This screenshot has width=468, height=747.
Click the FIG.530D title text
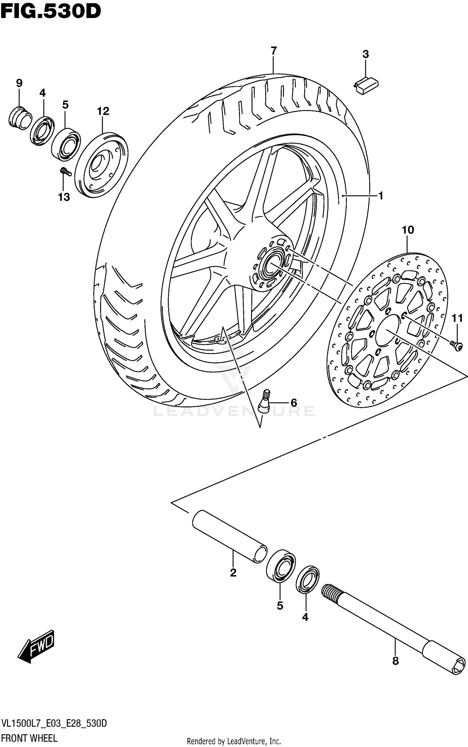pos(51,12)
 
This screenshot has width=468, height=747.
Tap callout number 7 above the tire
pos(273,51)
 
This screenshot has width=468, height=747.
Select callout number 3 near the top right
pos(365,54)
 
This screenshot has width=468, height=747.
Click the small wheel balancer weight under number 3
pos(366,85)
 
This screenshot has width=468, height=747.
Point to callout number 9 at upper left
pos(19,83)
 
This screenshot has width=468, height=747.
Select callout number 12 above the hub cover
pos(103,111)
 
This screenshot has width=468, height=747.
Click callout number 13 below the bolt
pos(64,197)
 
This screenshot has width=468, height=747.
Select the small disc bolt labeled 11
pos(456,345)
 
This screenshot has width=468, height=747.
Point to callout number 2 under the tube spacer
pos(233,573)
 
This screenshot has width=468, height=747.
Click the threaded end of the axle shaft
pos(330,592)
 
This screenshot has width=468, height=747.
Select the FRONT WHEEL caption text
pos(30,738)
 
